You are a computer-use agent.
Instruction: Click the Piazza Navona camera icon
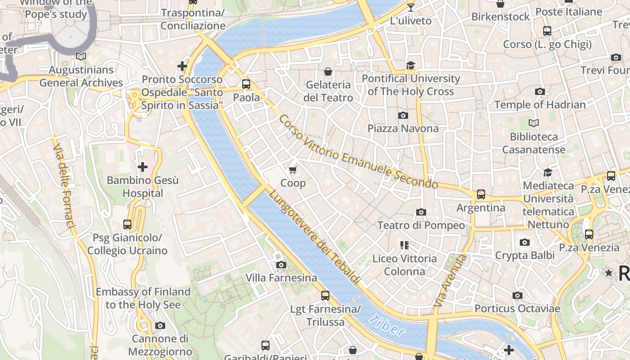[403, 116]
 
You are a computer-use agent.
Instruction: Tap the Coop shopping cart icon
[293, 170]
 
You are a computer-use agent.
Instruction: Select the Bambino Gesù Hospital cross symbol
[143, 167]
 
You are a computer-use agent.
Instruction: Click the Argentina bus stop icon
[481, 194]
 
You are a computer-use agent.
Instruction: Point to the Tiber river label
[386, 326]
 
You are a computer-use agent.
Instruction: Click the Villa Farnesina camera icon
[281, 265]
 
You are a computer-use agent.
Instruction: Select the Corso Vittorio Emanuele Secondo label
[358, 152]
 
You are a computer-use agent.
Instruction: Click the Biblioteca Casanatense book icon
[534, 123]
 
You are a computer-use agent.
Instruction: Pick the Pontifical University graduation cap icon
[410, 66]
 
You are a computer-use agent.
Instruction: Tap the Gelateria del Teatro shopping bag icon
[328, 72]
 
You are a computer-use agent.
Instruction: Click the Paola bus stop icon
[246, 84]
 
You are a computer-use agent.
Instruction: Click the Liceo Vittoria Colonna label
[404, 265]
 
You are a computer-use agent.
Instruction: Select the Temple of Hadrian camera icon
[540, 92]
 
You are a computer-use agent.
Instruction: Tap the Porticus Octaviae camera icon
[517, 296]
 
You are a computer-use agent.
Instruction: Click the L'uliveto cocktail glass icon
[410, 7]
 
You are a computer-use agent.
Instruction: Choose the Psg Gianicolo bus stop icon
[127, 224]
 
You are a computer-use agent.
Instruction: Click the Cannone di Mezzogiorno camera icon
[160, 325]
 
